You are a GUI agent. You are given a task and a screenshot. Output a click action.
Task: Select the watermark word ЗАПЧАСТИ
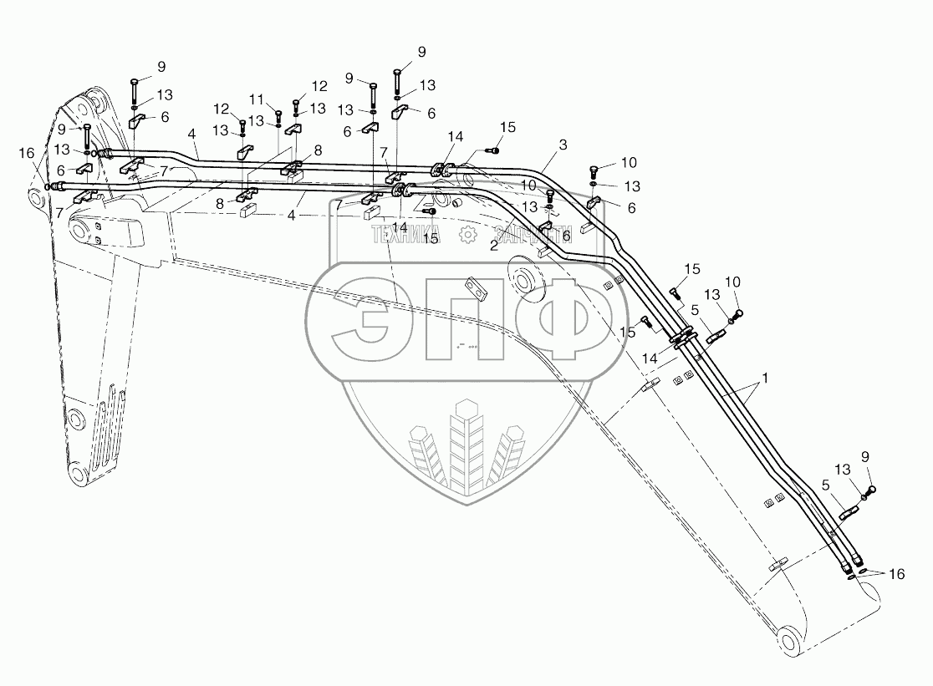click(533, 235)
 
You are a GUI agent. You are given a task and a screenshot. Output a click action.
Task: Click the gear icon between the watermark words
click(467, 235)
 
